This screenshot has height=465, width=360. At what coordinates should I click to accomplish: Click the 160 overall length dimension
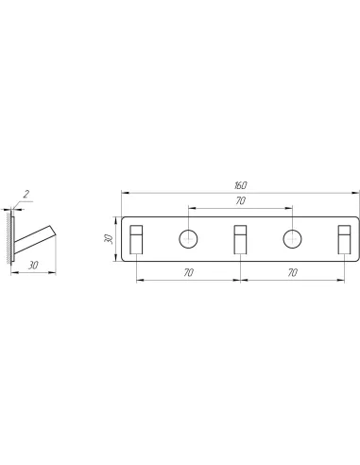240,185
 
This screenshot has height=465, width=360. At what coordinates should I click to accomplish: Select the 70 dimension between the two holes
240,200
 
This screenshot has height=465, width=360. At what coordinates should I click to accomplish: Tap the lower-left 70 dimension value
188,272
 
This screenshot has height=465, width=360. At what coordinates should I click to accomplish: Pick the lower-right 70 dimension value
293,272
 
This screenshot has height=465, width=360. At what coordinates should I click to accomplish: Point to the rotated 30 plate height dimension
109,239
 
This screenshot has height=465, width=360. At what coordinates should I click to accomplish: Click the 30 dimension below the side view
33,266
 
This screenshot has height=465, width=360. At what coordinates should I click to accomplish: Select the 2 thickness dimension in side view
26,194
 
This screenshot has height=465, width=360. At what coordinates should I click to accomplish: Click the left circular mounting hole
188,239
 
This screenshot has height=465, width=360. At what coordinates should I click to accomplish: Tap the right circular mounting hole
292,239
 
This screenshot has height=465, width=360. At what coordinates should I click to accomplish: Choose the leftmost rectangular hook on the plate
136,239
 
